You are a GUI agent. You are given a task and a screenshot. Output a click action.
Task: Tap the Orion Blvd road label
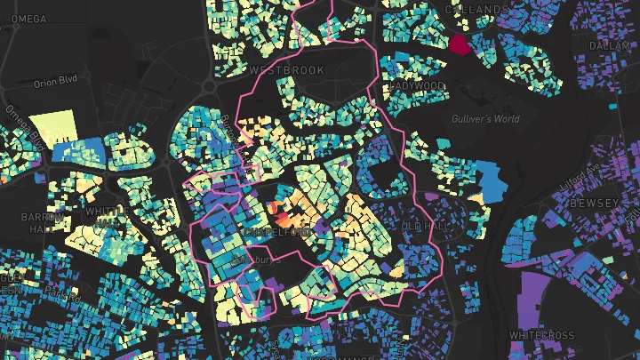(55, 83)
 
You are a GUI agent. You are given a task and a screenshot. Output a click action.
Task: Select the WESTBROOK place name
(275, 69)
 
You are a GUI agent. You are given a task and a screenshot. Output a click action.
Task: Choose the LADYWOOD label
(417, 85)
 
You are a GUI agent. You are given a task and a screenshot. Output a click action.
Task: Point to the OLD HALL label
(422, 227)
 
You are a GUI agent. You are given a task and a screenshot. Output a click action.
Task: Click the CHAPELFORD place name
(276, 232)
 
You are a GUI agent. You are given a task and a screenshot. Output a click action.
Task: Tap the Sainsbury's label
(256, 260)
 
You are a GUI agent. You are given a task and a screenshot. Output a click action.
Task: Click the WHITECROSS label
(542, 335)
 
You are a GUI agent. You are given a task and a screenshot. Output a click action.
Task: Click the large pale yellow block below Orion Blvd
(54, 126)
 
